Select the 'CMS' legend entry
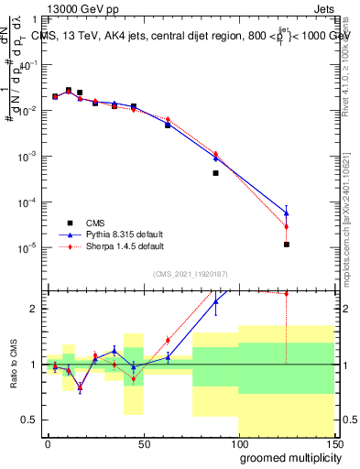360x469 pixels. click(x=96, y=223)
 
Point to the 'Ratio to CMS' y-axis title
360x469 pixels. click(x=12, y=364)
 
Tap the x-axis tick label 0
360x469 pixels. click(x=48, y=444)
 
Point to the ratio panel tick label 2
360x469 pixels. click(x=35, y=309)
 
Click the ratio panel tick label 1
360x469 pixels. click(x=35, y=365)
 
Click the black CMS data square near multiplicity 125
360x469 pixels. click(x=287, y=245)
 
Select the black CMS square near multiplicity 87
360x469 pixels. click(x=215, y=173)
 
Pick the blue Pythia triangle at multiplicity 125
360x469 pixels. click(x=287, y=213)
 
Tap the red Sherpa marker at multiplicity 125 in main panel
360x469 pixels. click(x=287, y=226)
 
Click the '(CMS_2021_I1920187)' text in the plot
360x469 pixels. click(x=189, y=273)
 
